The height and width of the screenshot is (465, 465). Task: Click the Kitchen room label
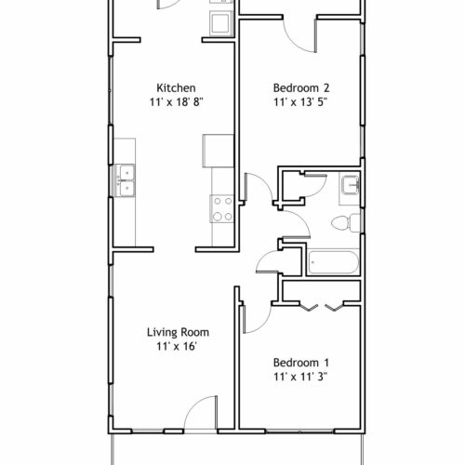[176, 87]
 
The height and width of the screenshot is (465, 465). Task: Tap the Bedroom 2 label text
[301, 87]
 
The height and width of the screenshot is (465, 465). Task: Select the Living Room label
[178, 332]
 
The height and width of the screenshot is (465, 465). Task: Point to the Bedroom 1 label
[301, 363]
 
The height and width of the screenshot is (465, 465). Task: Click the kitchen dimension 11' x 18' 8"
[177, 101]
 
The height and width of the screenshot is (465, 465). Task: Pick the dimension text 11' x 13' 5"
[300, 101]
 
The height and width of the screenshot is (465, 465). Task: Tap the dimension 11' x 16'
[177, 346]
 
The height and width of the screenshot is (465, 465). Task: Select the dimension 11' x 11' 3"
[300, 377]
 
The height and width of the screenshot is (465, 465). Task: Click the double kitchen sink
[125, 180]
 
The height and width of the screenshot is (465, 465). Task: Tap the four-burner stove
[222, 208]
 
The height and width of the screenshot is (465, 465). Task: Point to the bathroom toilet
[346, 222]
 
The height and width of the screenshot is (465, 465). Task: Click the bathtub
[333, 262]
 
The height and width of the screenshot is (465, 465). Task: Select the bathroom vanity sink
[351, 185]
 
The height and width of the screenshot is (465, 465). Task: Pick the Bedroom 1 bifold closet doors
[322, 306]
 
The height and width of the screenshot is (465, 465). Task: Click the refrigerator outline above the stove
[218, 151]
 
